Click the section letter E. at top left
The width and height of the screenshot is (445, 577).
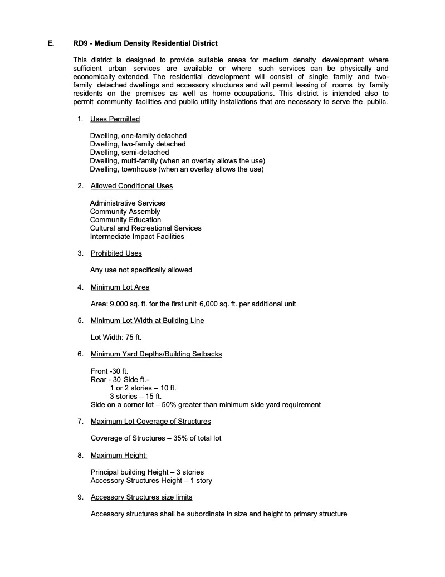pos(51,43)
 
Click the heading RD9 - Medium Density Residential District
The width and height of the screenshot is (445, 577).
pos(145,43)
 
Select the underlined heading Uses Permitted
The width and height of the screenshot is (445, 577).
pos(115,119)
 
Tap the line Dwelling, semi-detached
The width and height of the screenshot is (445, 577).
pos(129,152)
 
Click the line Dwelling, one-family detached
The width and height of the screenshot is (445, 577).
pos(138,135)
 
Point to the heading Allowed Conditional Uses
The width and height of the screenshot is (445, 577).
pos(131,185)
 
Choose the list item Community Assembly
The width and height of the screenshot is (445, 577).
pos(125,211)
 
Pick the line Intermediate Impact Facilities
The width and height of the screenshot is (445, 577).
pos(137,236)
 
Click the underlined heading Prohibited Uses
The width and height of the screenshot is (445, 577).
pos(116,253)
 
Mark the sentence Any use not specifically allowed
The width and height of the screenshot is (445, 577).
pos(141,270)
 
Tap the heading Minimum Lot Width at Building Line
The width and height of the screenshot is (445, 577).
pos(147,320)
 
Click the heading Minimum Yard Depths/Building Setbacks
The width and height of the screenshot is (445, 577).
pos(156,354)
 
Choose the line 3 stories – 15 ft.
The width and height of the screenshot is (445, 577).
pos(135,396)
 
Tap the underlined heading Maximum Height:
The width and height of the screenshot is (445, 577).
pos(119,455)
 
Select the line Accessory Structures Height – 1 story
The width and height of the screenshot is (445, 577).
pos(151,480)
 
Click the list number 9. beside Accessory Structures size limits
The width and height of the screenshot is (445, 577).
pos(81,497)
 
